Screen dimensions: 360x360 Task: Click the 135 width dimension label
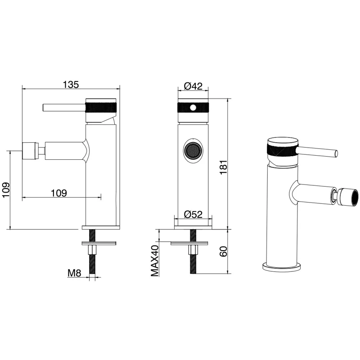click(x=71, y=85)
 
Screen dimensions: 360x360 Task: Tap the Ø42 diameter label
click(x=193, y=86)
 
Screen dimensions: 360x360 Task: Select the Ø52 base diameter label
click(x=193, y=214)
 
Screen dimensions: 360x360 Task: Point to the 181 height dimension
click(x=223, y=167)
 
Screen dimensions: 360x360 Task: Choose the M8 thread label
click(x=74, y=273)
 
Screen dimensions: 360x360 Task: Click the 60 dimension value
click(x=223, y=252)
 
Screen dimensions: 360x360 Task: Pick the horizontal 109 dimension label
click(x=59, y=193)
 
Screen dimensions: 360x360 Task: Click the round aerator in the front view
click(x=193, y=151)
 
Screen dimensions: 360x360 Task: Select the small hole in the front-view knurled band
click(x=193, y=107)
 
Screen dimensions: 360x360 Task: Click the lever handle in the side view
click(x=64, y=108)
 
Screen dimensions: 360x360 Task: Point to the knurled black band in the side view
click(x=101, y=108)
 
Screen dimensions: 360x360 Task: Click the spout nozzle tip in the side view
click(x=29, y=151)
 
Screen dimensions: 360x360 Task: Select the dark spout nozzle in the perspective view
click(x=349, y=196)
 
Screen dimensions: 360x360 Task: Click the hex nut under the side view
click(x=92, y=250)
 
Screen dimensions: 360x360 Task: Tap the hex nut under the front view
click(x=193, y=250)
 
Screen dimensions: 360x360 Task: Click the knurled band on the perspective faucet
click(x=282, y=152)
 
